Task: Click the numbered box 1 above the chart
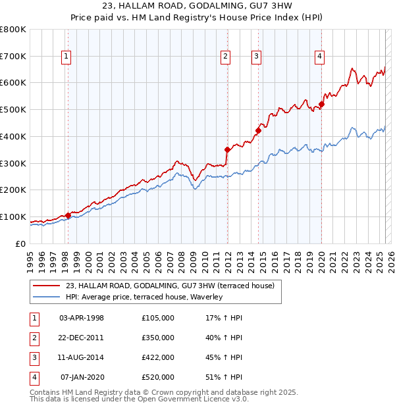click(x=67, y=57)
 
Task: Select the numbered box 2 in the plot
click(x=226, y=57)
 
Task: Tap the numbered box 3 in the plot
click(x=256, y=57)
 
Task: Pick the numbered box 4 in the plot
click(x=319, y=57)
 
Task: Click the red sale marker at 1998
click(x=68, y=215)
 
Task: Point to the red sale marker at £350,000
click(x=227, y=149)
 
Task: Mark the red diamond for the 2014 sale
click(x=258, y=130)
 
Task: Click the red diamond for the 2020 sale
click(x=322, y=104)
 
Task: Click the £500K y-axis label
click(x=13, y=110)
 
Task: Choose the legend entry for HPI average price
click(x=144, y=297)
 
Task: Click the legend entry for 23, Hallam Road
click(x=174, y=286)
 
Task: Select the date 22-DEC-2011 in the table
click(x=81, y=338)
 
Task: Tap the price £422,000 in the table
click(x=157, y=357)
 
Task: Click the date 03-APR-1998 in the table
click(x=81, y=318)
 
